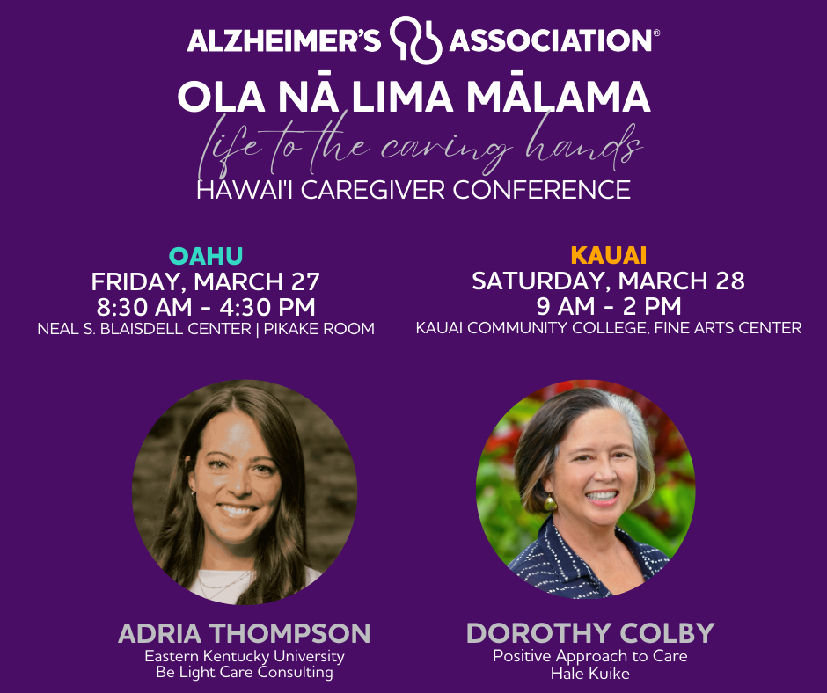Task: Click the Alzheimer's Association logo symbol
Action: (x=415, y=40)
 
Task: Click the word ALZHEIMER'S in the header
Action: (x=284, y=40)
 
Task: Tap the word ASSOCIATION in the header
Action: (x=551, y=40)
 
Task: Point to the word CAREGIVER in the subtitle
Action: (x=373, y=189)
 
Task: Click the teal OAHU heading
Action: (x=206, y=256)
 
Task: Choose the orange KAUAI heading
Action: (x=609, y=255)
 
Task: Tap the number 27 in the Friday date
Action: (x=305, y=281)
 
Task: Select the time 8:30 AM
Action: (x=144, y=307)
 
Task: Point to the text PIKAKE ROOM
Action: (x=319, y=329)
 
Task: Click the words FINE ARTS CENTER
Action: (x=728, y=327)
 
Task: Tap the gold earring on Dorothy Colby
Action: (x=550, y=502)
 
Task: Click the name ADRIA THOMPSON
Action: (x=245, y=633)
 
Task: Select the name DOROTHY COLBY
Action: (x=590, y=633)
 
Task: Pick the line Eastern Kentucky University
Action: (x=245, y=657)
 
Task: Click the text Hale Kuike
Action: (x=590, y=674)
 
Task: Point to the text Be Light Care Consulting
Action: (x=245, y=673)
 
